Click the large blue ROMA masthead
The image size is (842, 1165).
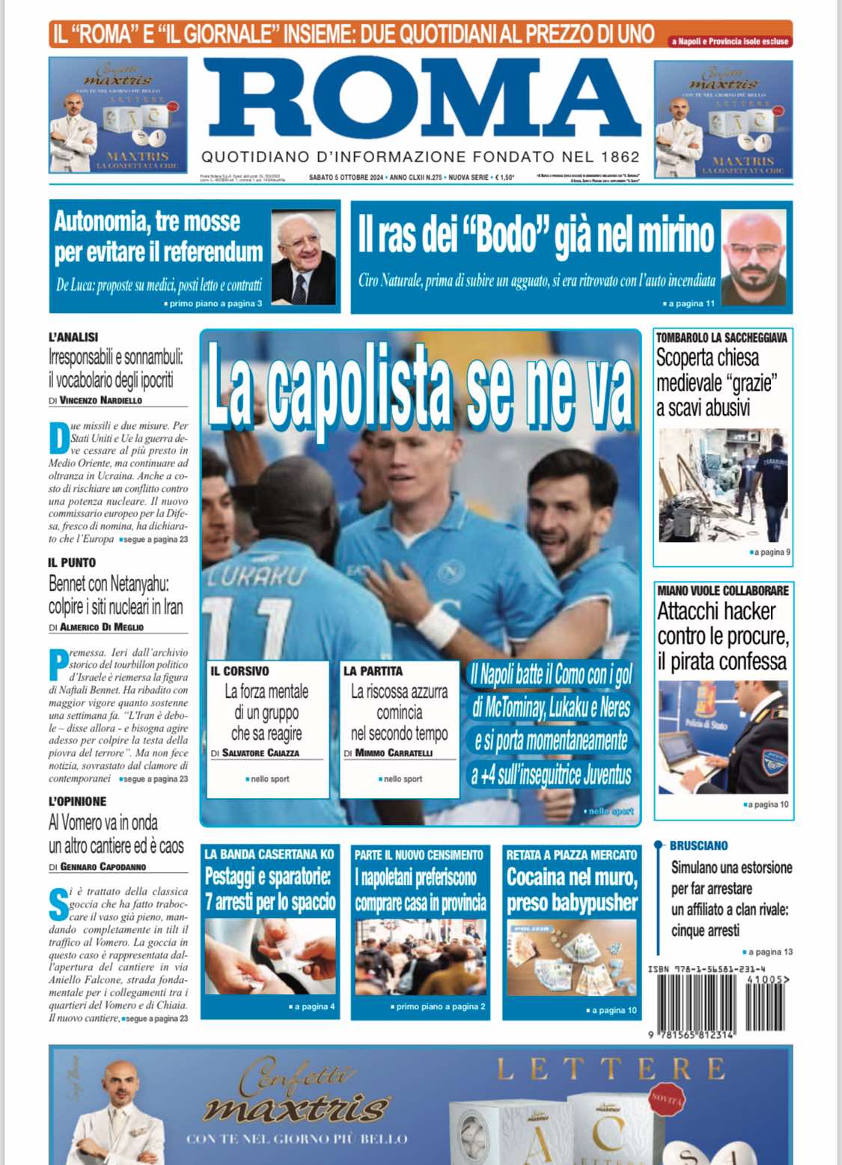[421, 100]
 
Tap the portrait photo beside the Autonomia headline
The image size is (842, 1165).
[303, 256]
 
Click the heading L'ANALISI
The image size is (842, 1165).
[73, 337]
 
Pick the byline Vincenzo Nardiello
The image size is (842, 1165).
[100, 401]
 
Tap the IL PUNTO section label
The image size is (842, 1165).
[72, 562]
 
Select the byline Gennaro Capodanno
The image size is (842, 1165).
[103, 867]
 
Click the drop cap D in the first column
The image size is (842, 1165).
[58, 439]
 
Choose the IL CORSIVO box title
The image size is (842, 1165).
[240, 671]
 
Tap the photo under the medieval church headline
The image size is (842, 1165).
[723, 486]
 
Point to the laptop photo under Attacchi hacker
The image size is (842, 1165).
[722, 737]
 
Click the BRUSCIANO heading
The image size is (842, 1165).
[698, 845]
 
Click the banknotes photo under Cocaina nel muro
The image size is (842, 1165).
[571, 957]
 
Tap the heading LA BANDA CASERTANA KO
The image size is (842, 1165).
[269, 854]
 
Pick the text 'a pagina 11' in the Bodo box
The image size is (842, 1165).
[692, 303]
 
